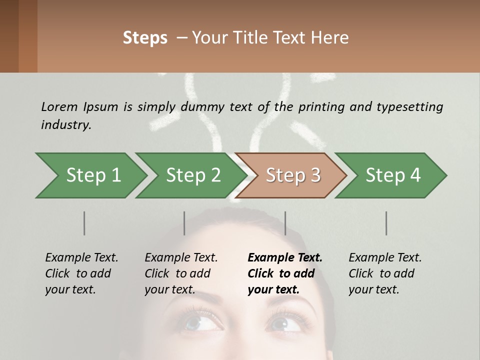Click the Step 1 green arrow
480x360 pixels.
click(x=93, y=175)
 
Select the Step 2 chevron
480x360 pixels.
click(x=193, y=175)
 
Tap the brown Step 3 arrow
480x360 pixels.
click(x=293, y=175)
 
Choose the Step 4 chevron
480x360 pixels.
click(x=393, y=175)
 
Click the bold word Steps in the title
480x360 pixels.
click(x=145, y=38)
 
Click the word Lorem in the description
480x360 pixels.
click(x=59, y=106)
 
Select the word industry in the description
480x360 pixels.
click(x=66, y=124)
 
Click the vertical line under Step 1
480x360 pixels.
click(x=84, y=223)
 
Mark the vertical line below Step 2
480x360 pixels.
click(x=184, y=223)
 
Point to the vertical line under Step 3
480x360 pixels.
click(x=285, y=223)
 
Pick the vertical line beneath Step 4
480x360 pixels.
click(x=386, y=223)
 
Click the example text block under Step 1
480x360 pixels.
click(x=81, y=273)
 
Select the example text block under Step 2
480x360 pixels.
click(x=181, y=273)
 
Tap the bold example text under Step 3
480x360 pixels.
click(x=285, y=273)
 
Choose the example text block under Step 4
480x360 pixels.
click(x=385, y=273)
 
